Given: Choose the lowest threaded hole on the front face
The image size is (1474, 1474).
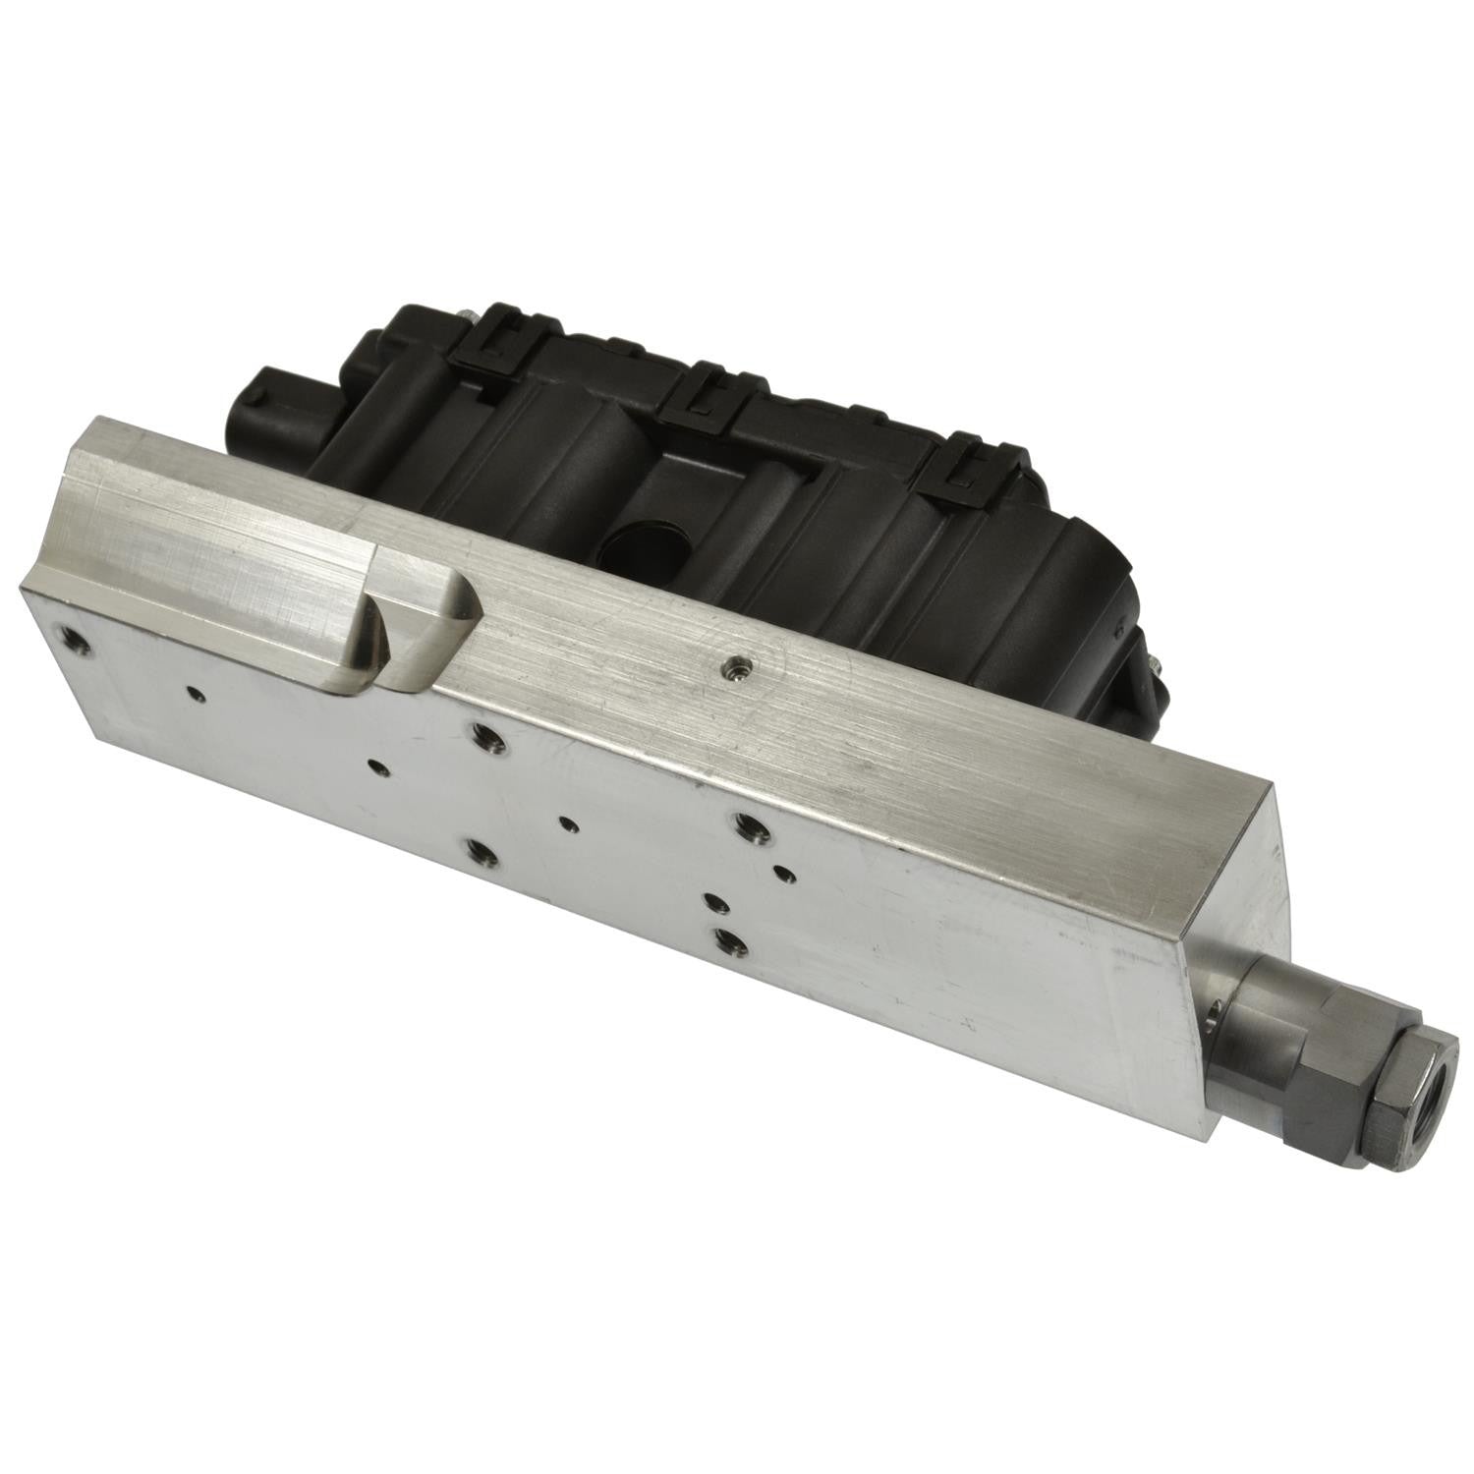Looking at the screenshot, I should coord(729,940).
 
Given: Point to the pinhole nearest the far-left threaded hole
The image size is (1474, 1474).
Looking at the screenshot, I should coord(197,694).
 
